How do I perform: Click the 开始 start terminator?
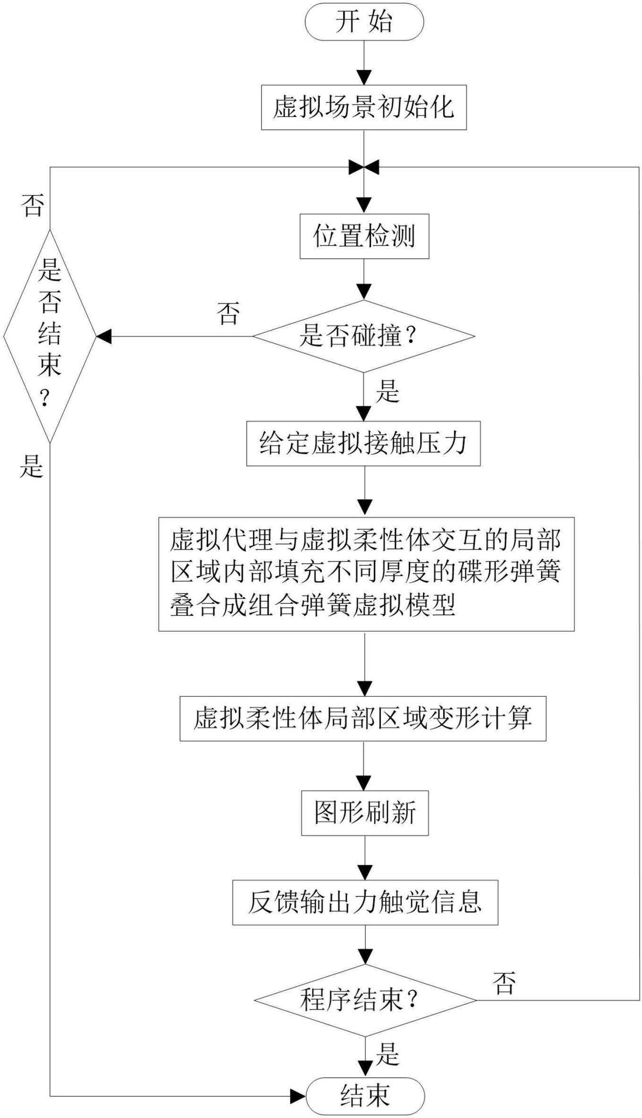(364, 22)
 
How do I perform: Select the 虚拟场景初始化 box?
(364, 107)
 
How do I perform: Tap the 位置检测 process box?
(364, 236)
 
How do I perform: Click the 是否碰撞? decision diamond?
(363, 336)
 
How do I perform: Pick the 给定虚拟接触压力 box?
(363, 443)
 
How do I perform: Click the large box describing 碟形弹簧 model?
(366, 574)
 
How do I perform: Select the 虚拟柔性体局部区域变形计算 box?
(363, 718)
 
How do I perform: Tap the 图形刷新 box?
(365, 813)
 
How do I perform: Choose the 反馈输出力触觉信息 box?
(365, 902)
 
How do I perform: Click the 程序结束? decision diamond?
(365, 1000)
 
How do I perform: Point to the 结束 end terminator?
(365, 1096)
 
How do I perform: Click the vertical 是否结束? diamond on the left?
(50, 336)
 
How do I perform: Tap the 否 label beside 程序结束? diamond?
(504, 983)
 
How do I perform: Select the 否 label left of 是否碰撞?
(228, 313)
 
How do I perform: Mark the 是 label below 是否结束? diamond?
(31, 466)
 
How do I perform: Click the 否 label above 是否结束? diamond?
(33, 205)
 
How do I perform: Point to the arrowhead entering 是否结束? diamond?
(103, 337)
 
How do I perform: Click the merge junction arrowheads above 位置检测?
(364, 167)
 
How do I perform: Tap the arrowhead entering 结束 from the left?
(298, 1096)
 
